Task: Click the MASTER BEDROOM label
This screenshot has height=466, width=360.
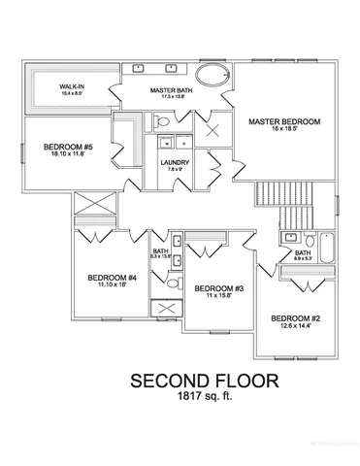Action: (x=282, y=122)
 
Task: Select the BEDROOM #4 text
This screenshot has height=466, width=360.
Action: (x=112, y=278)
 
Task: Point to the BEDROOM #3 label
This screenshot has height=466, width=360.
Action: (x=217, y=288)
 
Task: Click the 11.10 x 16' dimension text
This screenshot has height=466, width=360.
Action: (x=112, y=286)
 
